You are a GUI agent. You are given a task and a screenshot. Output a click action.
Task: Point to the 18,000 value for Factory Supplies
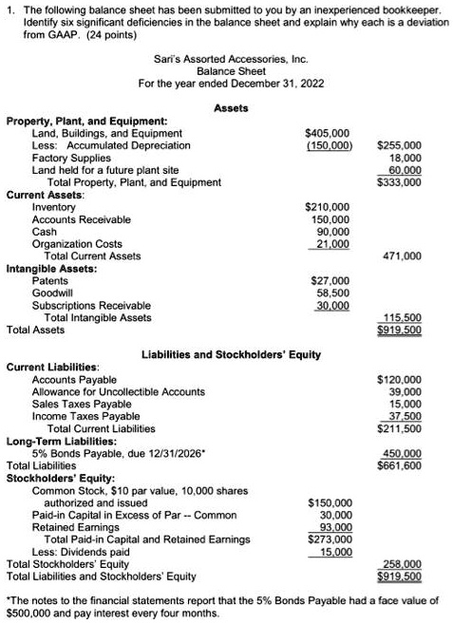406,158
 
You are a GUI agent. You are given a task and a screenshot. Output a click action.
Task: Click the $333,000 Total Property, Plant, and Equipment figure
399,181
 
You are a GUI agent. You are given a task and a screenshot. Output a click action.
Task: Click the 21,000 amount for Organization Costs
331,244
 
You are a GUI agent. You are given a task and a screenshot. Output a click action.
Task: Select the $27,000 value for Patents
330,281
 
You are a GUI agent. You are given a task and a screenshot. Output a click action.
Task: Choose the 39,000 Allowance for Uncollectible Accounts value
406,391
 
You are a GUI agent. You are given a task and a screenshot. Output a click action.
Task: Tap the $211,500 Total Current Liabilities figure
399,428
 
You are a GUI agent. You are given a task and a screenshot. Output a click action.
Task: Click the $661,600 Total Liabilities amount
399,465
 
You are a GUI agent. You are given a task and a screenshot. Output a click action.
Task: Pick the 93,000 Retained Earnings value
332,527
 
